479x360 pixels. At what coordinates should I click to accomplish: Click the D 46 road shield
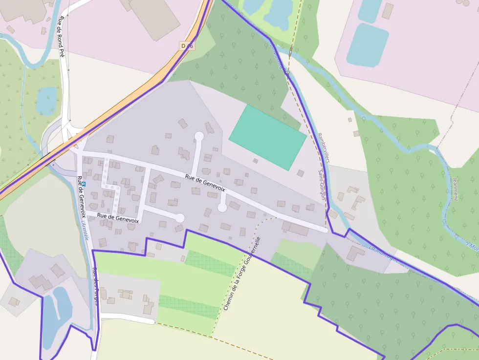[x=187, y=46]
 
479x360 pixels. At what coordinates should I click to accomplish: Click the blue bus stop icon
[x=84, y=184]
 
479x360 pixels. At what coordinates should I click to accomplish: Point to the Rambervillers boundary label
[x=324, y=148]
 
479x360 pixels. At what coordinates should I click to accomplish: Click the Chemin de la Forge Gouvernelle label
[x=242, y=274]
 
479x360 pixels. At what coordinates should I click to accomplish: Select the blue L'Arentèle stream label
[x=86, y=229]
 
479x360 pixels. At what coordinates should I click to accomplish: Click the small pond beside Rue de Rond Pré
[x=46, y=100]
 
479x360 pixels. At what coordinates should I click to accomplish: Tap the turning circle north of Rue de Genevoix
[x=199, y=136]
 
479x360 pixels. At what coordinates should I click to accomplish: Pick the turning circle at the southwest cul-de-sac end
[x=179, y=218]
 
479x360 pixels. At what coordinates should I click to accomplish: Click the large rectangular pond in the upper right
[x=367, y=45]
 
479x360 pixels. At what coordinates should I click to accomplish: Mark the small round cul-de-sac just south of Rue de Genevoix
[x=222, y=208]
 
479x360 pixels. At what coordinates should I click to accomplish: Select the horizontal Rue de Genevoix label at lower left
[x=118, y=218]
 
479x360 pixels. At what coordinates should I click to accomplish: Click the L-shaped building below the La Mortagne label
[x=355, y=253]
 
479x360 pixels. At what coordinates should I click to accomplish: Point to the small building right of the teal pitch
[x=300, y=172]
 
